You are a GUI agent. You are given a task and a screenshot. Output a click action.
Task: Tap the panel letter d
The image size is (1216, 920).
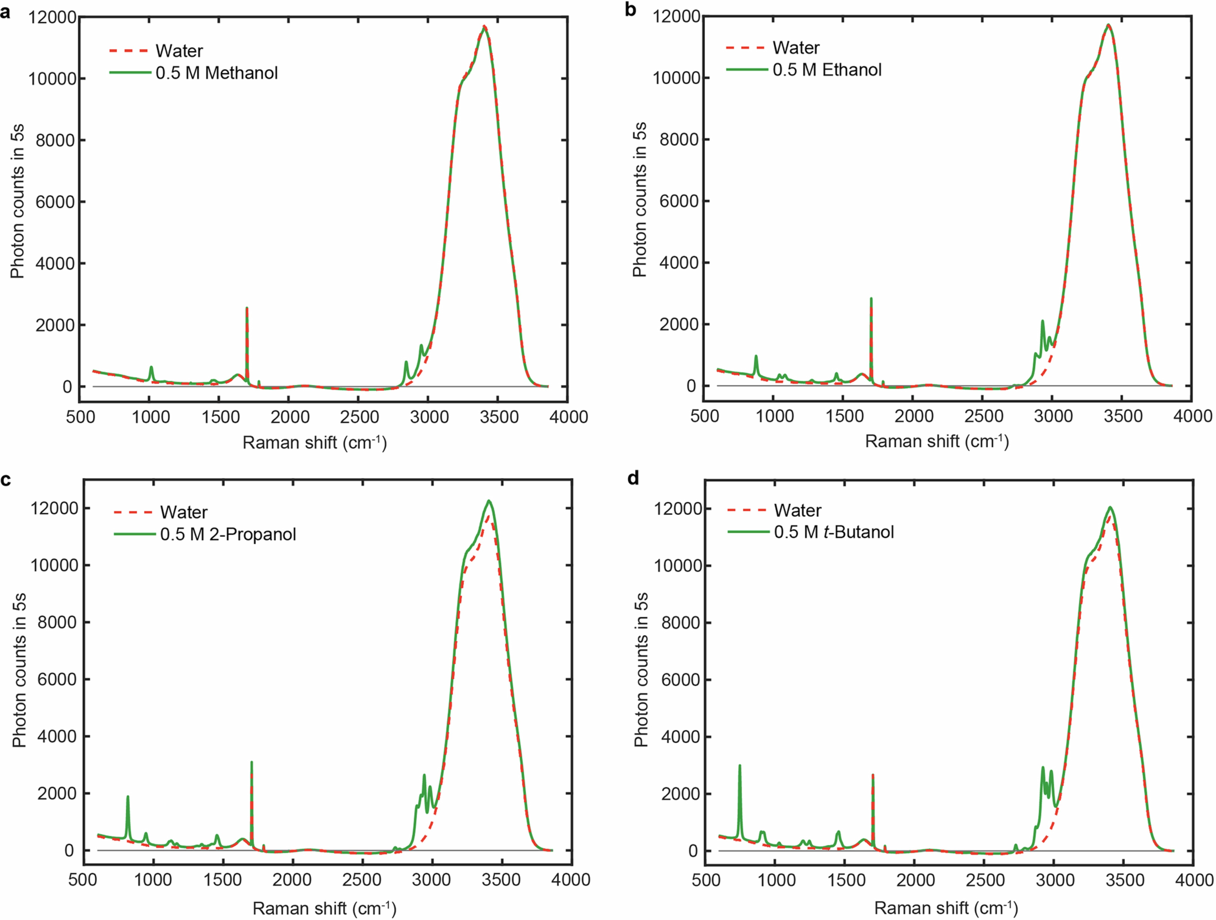point(633,478)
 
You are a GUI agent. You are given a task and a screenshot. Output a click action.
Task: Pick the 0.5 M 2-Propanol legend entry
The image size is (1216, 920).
point(228,534)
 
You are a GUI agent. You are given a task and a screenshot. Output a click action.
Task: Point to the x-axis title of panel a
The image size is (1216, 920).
point(314,443)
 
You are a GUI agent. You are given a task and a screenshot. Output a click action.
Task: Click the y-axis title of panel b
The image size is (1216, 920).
point(639,200)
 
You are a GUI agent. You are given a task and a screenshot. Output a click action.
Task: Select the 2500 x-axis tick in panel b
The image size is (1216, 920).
point(984,416)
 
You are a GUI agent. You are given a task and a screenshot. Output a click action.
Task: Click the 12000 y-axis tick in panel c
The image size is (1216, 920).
point(54,508)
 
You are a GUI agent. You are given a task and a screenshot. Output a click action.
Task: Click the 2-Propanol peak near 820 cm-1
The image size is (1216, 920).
point(127,797)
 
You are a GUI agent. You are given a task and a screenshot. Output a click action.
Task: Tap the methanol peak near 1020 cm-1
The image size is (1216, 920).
point(151,367)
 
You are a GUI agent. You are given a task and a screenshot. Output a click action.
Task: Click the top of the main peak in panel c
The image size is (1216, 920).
point(488,501)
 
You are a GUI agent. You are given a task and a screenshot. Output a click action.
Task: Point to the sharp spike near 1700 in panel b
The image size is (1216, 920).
point(871,299)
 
